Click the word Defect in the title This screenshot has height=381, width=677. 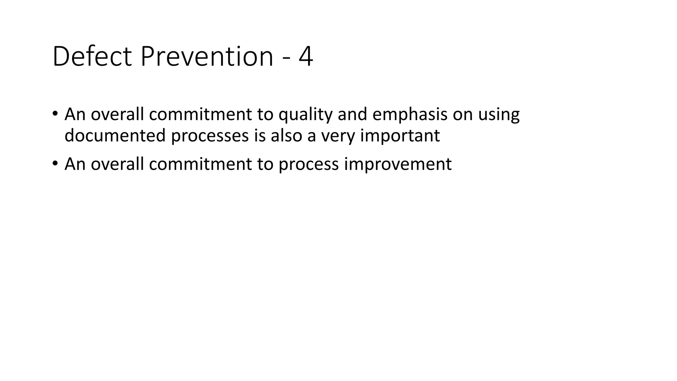click(x=92, y=57)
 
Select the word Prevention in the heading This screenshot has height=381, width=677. click(x=207, y=57)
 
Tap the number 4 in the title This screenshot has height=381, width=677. click(x=306, y=57)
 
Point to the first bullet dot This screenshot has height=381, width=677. click(x=55, y=113)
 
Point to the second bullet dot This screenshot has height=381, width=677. click(x=55, y=163)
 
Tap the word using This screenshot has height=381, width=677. click(x=499, y=114)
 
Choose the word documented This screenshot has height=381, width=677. click(x=115, y=135)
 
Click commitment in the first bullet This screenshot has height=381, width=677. click(x=200, y=114)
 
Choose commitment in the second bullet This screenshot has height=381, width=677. click(x=200, y=164)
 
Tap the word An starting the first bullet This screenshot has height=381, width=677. click(x=75, y=114)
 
